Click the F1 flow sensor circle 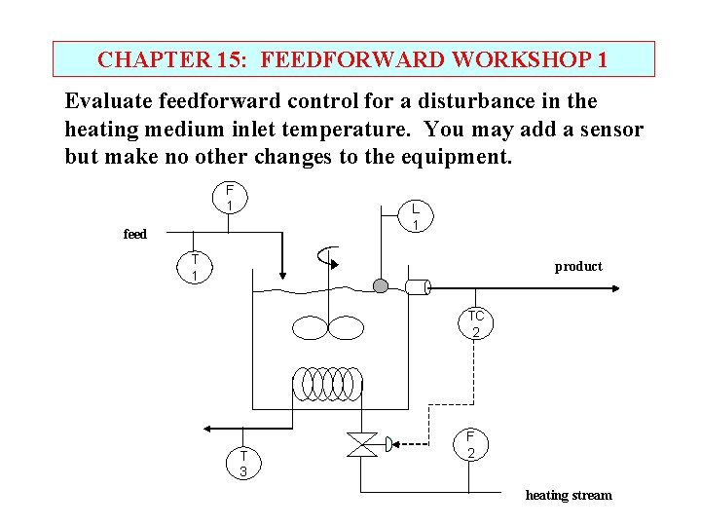click(x=229, y=198)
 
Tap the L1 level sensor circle click(x=415, y=216)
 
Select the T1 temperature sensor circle click(x=195, y=267)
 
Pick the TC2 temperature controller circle click(x=475, y=324)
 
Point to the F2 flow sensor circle click(x=470, y=445)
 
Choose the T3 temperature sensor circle click(x=243, y=464)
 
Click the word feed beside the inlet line click(x=135, y=234)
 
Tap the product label click(x=578, y=266)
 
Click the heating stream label click(x=569, y=495)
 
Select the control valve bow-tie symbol click(x=362, y=445)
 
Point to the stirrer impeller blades click(x=328, y=327)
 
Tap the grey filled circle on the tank click(x=381, y=285)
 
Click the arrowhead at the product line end click(x=615, y=287)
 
